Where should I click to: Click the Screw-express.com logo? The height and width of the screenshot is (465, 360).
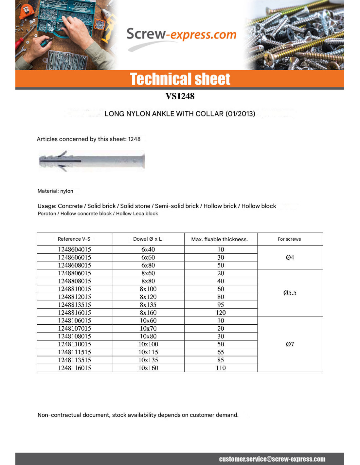tap(181, 35)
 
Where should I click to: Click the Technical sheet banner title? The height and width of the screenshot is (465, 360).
tap(180, 79)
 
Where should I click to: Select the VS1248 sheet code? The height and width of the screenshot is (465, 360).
tap(180, 96)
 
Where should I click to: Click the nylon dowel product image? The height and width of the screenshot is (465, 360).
tap(92, 161)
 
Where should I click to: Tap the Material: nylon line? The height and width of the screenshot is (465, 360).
tap(55, 191)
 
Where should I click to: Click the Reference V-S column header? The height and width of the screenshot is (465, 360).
tap(74, 239)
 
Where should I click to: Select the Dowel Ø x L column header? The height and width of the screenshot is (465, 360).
tap(148, 239)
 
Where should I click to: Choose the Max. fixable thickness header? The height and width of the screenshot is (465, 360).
tap(220, 239)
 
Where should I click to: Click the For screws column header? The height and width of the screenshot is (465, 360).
tap(289, 239)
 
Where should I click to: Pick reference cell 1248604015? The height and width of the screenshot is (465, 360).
tap(75, 250)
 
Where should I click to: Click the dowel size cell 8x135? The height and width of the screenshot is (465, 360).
tap(148, 305)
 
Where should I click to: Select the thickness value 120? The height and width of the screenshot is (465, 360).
tap(221, 313)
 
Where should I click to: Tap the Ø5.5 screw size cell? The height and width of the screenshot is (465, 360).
tap(290, 293)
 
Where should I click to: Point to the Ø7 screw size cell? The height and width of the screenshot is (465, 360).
tap(290, 344)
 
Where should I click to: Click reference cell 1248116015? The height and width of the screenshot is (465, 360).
tap(75, 368)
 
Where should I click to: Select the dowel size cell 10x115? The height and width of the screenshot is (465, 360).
tap(148, 352)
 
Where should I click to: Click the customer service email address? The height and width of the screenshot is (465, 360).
tap(272, 459)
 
